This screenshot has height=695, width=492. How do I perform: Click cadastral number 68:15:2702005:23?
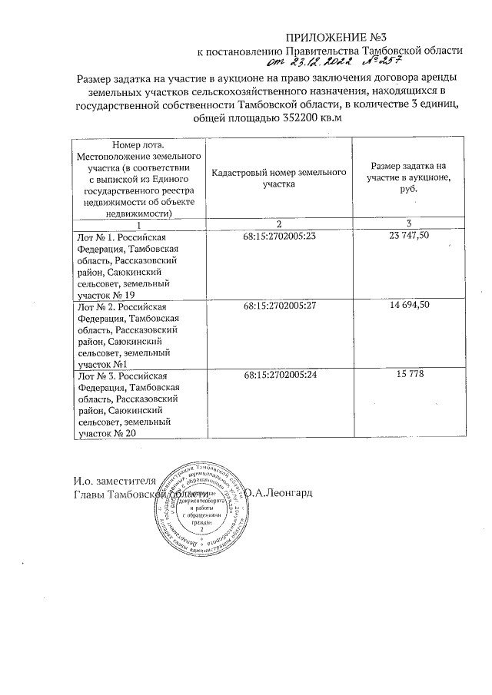(x=279, y=238)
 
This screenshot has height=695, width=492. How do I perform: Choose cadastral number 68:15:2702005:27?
(x=279, y=306)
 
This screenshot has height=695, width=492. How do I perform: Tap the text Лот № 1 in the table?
(x=96, y=238)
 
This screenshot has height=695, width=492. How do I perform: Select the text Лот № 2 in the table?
(x=96, y=306)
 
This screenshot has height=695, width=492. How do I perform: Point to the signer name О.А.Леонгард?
(x=278, y=492)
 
